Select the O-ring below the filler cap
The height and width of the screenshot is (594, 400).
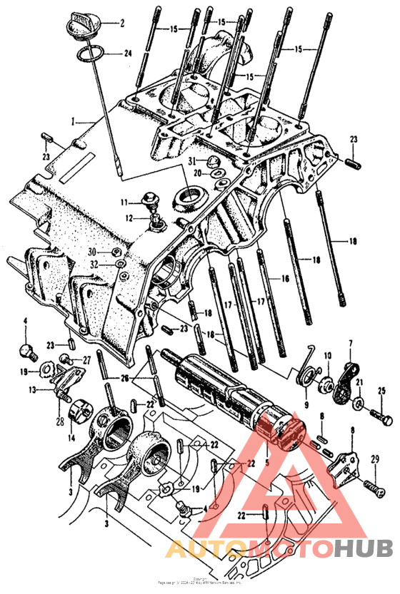point(90,53)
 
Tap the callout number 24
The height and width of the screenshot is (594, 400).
point(128,53)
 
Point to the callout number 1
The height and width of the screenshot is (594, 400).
point(73,122)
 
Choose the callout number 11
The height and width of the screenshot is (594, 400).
point(123,203)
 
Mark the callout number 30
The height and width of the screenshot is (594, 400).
point(92,252)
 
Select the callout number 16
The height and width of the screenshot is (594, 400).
point(285,279)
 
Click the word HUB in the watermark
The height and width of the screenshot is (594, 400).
point(363,548)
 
